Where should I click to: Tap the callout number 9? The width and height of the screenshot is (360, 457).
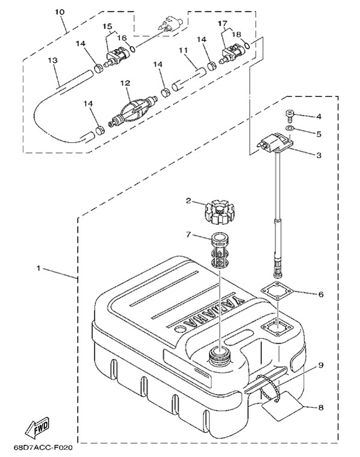coord(320,365)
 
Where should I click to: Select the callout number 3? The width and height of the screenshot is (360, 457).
coord(319,154)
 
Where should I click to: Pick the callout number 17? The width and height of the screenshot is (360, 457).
coord(223,24)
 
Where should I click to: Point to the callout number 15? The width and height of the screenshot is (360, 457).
coord(107,26)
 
